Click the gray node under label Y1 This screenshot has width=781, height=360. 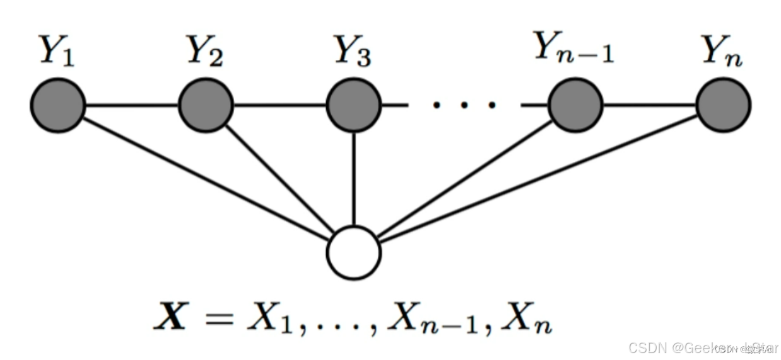(x=57, y=105)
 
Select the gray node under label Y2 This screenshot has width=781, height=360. (x=206, y=105)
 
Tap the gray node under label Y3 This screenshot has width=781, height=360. (x=353, y=105)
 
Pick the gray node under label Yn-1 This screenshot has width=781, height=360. (x=575, y=105)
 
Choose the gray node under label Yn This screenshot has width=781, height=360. (x=724, y=105)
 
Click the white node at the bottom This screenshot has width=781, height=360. (x=353, y=252)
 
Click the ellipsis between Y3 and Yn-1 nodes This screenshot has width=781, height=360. (x=464, y=105)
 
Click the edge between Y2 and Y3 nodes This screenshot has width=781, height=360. (x=279, y=105)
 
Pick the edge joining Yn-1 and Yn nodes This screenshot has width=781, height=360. (x=650, y=105)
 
